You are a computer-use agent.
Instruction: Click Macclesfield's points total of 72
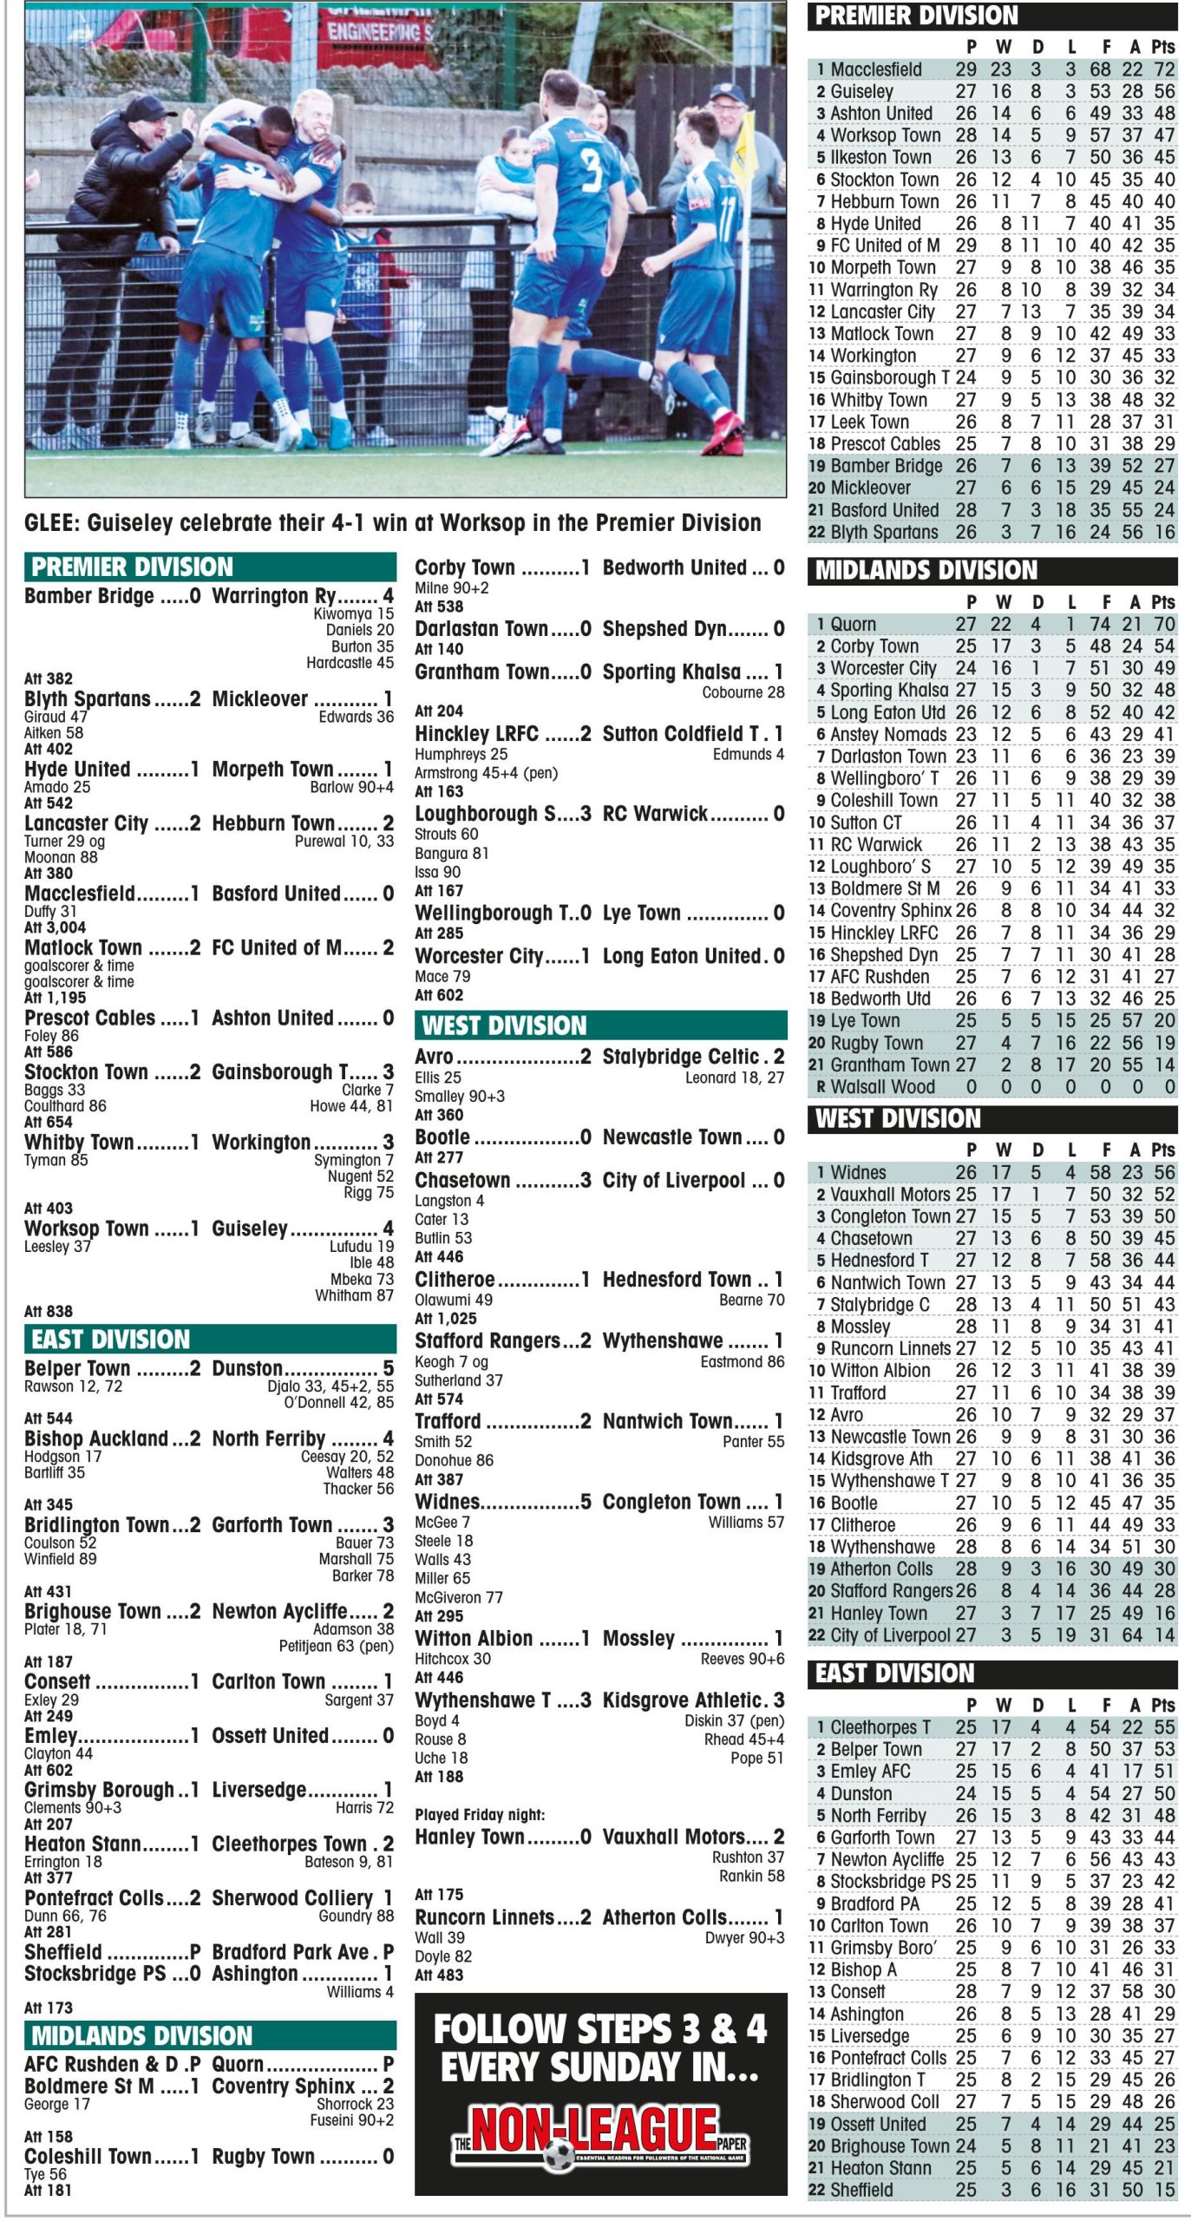[x=1163, y=69]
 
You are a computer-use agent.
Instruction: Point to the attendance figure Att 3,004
[x=56, y=927]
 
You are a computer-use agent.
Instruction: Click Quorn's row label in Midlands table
[x=854, y=624]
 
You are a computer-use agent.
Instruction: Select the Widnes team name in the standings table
[x=858, y=1172]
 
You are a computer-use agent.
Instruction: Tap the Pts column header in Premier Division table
[x=1162, y=47]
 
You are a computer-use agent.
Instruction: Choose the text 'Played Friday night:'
[x=480, y=1814]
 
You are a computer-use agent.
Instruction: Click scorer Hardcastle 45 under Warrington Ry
[x=350, y=663]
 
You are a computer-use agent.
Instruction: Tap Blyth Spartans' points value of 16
[x=1163, y=532]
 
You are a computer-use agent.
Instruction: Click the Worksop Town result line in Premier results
[x=208, y=1228]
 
